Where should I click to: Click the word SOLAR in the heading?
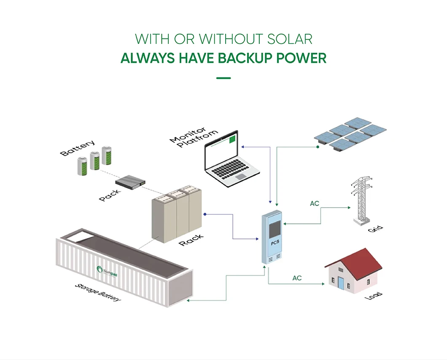(x=290, y=39)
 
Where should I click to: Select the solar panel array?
(x=350, y=135)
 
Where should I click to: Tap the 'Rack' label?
(x=191, y=240)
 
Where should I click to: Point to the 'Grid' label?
(x=375, y=230)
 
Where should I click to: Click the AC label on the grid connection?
(x=315, y=204)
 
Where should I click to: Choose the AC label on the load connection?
(x=297, y=278)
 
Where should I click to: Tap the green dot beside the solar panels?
(x=318, y=147)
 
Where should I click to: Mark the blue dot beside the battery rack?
(x=205, y=214)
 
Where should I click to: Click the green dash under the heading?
(x=223, y=78)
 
